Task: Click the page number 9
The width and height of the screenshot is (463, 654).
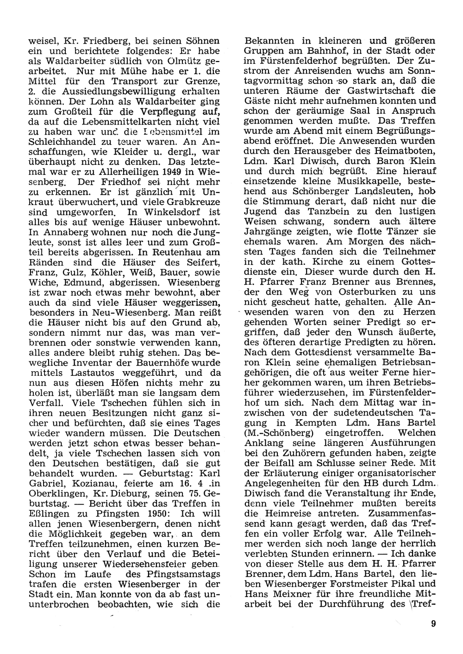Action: [x=433, y=623]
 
